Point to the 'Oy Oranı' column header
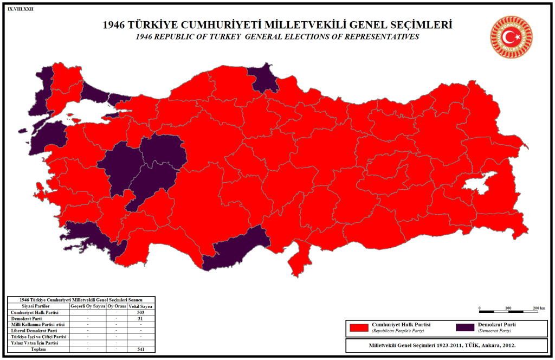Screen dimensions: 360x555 pos(117,307)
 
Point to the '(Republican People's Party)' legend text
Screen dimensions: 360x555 pos(397,331)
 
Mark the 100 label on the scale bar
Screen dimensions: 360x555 pos(508,308)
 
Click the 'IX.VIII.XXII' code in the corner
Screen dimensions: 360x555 pos(21,9)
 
